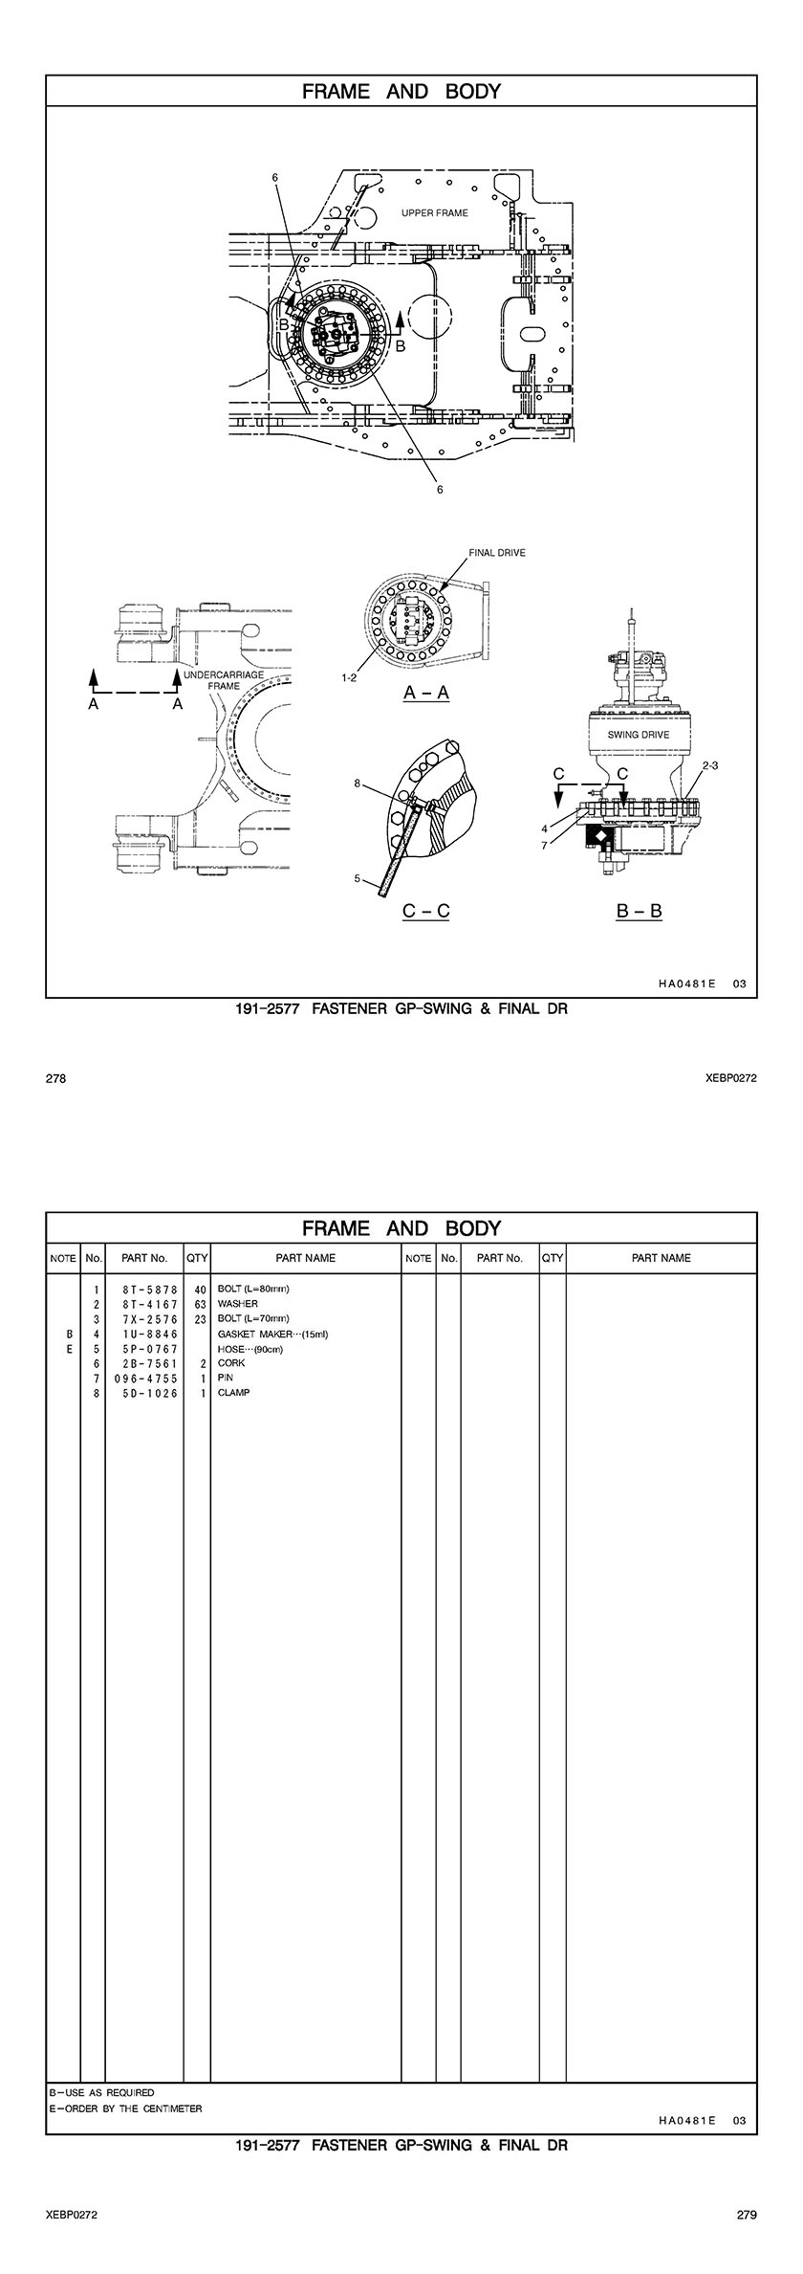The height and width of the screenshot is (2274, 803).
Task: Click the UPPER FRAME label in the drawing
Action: click(x=435, y=213)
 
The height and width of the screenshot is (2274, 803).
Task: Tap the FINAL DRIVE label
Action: click(x=496, y=553)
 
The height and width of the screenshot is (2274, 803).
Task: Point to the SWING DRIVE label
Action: click(x=639, y=735)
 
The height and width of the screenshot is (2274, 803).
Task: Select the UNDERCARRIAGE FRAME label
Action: click(x=224, y=680)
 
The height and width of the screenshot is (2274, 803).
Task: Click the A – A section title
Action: click(x=426, y=693)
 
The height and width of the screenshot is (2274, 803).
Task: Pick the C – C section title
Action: click(x=426, y=910)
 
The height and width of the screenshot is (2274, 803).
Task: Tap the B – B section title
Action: click(x=640, y=910)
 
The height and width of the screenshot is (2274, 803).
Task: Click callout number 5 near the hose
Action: click(x=357, y=878)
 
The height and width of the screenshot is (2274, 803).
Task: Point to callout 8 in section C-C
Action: click(x=357, y=784)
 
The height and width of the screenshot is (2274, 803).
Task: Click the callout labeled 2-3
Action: click(x=709, y=765)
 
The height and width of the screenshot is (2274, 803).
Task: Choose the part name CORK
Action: click(x=231, y=1363)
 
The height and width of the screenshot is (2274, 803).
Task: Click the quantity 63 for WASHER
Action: click(x=201, y=1304)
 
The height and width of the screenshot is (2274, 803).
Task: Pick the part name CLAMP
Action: click(x=234, y=1393)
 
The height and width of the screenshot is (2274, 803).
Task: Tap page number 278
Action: click(x=55, y=1078)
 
